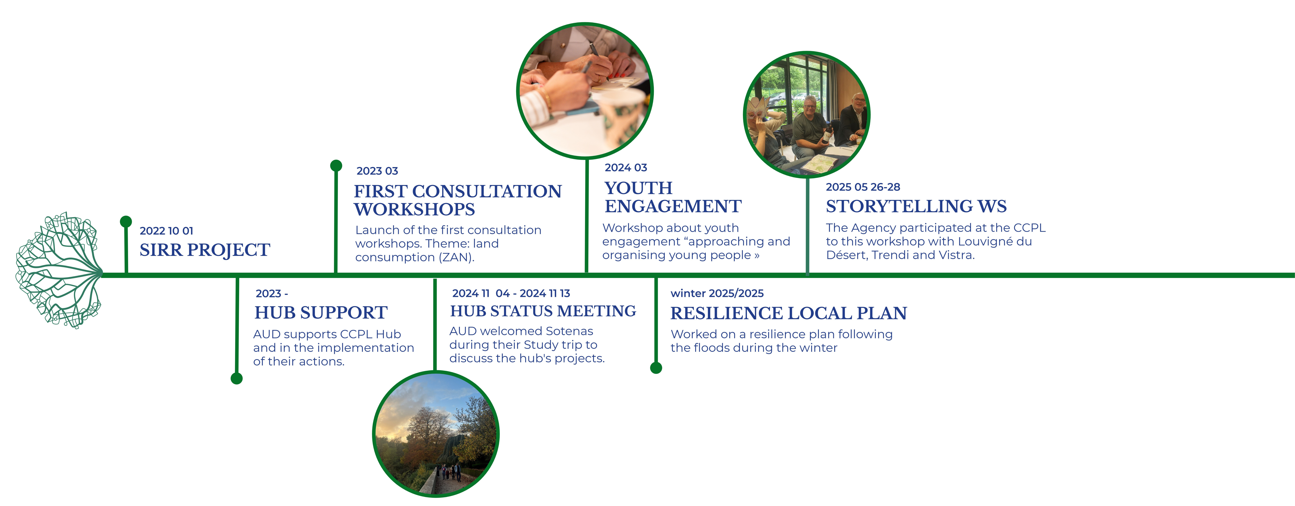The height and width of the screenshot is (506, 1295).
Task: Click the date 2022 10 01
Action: [x=166, y=231]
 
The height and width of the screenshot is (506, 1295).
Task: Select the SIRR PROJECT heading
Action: [x=205, y=250]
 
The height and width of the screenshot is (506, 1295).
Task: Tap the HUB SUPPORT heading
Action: [x=321, y=312]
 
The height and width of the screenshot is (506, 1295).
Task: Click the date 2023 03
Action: [x=377, y=171]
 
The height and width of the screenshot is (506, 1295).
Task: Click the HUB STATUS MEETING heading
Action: [x=543, y=311]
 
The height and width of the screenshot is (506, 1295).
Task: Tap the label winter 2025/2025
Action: [x=717, y=293]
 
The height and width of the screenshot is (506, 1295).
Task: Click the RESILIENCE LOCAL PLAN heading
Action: [x=788, y=313]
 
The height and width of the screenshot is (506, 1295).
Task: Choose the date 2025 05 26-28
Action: [x=863, y=187]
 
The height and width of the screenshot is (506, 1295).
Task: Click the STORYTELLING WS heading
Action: [x=916, y=206]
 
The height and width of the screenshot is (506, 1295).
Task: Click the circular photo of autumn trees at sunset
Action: [x=435, y=434]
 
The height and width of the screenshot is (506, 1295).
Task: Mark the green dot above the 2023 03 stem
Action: [x=336, y=165]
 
